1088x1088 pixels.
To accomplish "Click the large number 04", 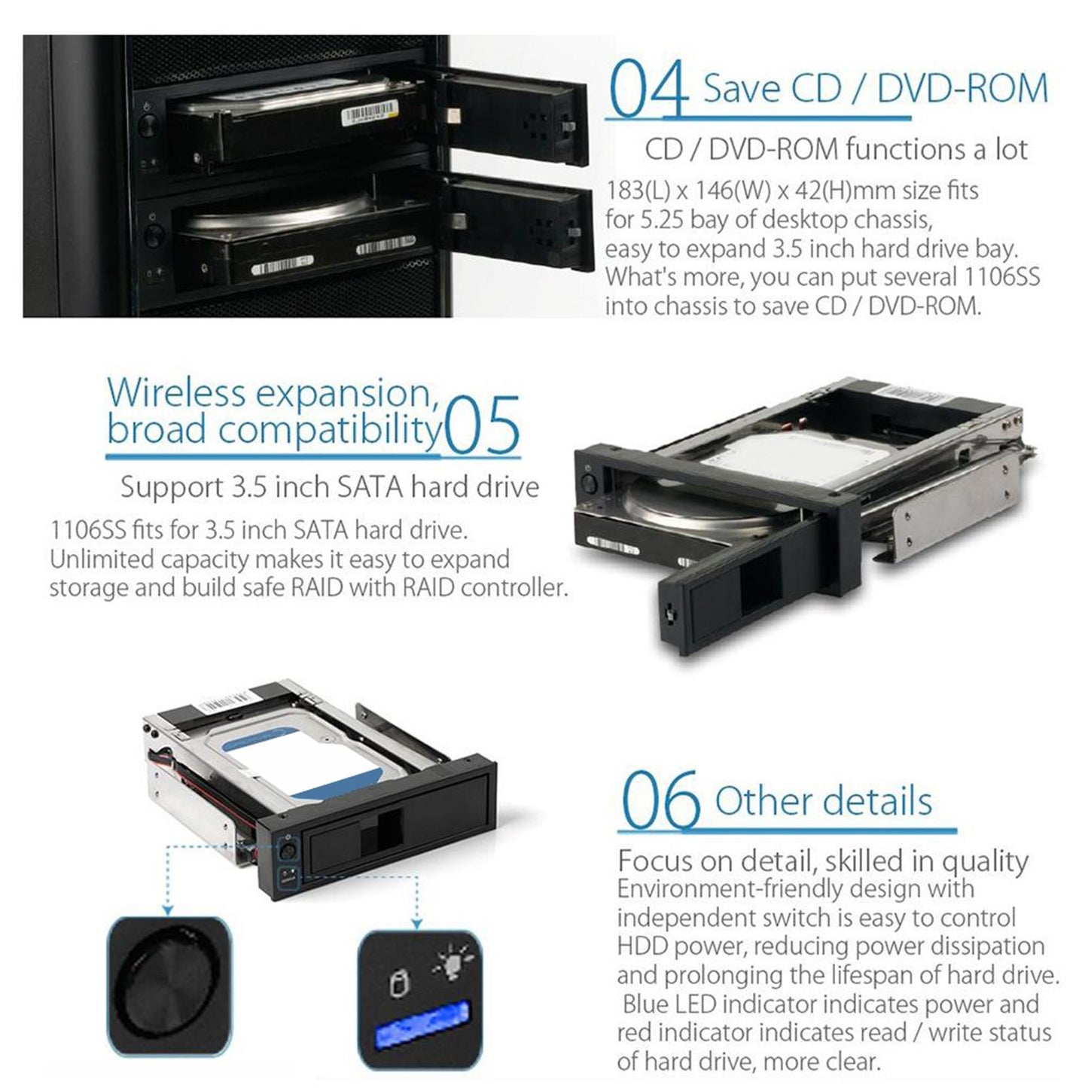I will (x=648, y=91).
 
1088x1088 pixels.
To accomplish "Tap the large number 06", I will (x=660, y=803).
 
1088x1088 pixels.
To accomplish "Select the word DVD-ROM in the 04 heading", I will (x=962, y=89).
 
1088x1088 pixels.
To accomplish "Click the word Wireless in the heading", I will (x=175, y=393).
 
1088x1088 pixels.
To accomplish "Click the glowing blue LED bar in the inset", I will (x=422, y=1026).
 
